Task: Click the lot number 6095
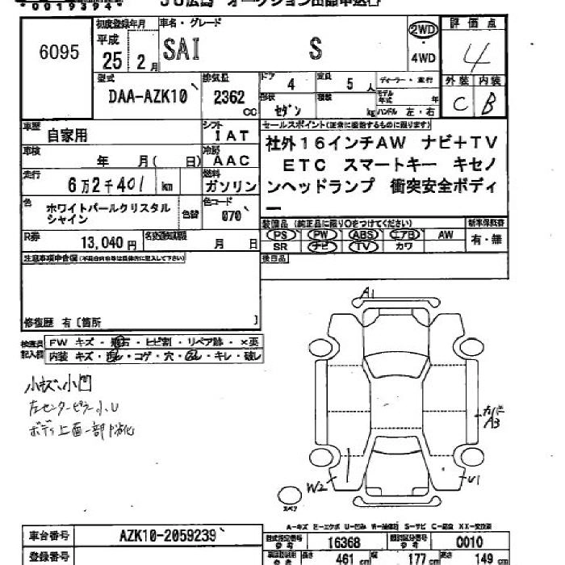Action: (x=60, y=53)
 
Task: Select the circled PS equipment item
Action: (x=281, y=234)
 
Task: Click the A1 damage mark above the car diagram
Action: (x=368, y=292)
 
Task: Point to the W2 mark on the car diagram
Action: (x=317, y=486)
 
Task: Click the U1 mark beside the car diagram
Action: (x=474, y=480)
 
